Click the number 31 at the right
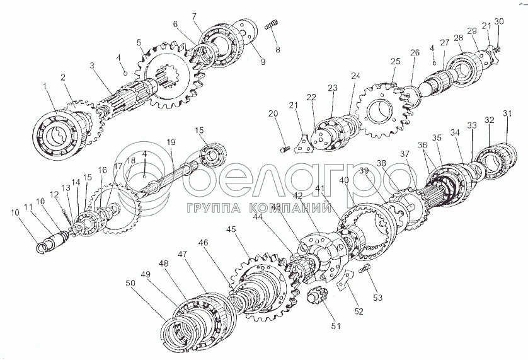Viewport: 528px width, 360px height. click(x=507, y=113)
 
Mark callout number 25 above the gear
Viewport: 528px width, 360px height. click(x=395, y=61)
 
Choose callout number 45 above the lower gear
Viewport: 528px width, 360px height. click(x=231, y=230)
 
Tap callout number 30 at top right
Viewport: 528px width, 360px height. click(x=499, y=21)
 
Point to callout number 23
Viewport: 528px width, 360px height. click(x=332, y=89)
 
